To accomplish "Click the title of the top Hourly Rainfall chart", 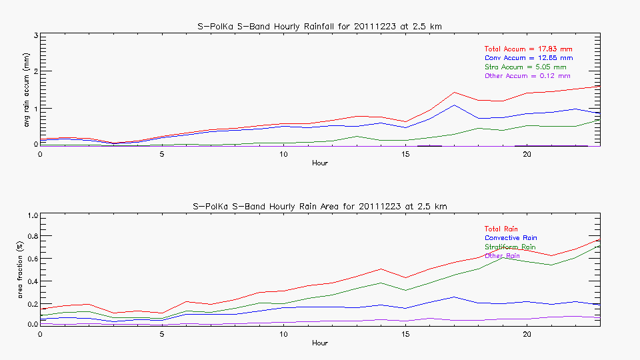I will [320, 26].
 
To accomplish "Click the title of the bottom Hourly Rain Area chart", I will [320, 207].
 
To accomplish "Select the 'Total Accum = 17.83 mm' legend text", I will [528, 49].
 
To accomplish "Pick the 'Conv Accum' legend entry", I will [528, 58].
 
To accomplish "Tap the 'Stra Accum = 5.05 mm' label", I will [525, 67].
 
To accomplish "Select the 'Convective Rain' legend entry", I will [511, 238].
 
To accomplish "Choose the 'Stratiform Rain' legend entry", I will [510, 247].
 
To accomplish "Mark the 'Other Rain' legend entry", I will [503, 256].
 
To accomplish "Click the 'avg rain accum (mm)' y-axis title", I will [27, 89].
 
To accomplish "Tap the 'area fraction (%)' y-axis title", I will [27, 269].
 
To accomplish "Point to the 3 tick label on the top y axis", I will [35, 35].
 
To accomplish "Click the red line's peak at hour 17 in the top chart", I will [454, 93].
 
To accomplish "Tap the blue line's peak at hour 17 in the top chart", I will [454, 105].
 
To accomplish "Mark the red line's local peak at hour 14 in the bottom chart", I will [381, 269].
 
